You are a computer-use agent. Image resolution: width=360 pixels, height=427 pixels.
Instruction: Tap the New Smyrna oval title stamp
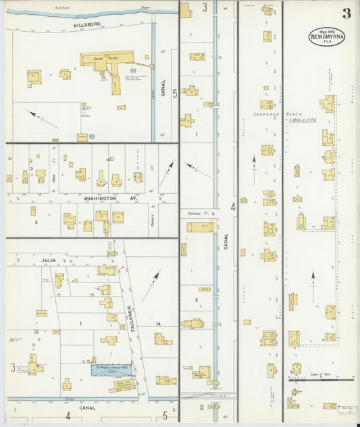(x=327, y=36)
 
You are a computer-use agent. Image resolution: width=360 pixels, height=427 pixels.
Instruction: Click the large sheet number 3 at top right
(x=346, y=14)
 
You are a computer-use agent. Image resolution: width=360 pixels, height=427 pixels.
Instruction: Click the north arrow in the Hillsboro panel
(x=43, y=120)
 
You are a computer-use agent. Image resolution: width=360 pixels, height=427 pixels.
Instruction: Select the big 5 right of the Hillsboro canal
(x=175, y=94)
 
